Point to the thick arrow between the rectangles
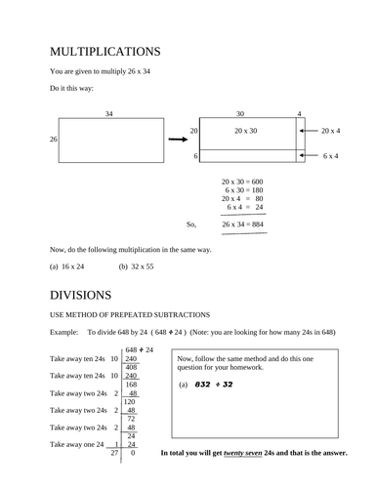coord(177,139)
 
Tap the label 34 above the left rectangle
coord(109,113)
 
